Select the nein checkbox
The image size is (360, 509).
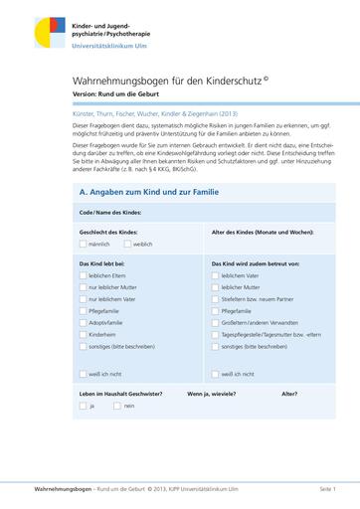(116, 406)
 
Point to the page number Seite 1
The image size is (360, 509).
(327, 490)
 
